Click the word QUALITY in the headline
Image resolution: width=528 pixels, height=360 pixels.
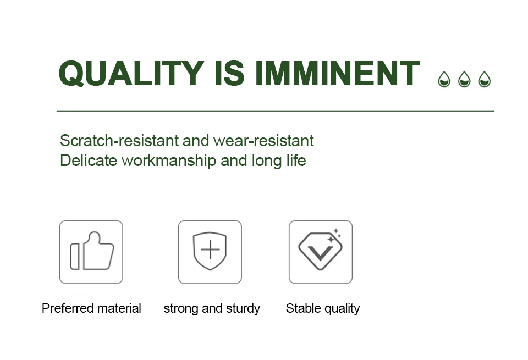coord(131,73)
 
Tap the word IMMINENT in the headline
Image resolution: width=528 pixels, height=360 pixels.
coord(337,73)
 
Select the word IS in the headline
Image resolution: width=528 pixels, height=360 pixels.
coord(229,73)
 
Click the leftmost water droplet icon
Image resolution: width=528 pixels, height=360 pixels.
coord(444,79)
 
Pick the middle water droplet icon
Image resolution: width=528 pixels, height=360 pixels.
coord(464,79)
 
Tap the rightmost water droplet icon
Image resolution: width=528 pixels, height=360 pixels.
coord(485,79)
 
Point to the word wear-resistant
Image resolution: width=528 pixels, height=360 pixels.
coord(263,141)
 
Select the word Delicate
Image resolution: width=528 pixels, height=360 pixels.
coord(88,160)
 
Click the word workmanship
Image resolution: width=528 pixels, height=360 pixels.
coord(169,161)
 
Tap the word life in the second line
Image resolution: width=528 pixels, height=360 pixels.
coord(296,160)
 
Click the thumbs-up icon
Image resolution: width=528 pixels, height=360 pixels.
coord(92,251)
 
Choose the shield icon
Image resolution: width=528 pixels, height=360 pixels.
coord(210,251)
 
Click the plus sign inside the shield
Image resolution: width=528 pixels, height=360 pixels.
coord(210,250)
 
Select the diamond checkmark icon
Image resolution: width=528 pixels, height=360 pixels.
coord(320,251)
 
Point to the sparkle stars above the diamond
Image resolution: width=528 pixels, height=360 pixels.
coord(335,235)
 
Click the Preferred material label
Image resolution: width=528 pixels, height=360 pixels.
coord(91,308)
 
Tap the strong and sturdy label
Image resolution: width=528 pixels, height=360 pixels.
coord(212,309)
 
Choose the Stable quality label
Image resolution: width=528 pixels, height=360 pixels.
coord(323,309)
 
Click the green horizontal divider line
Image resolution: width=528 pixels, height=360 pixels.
coord(275,111)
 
